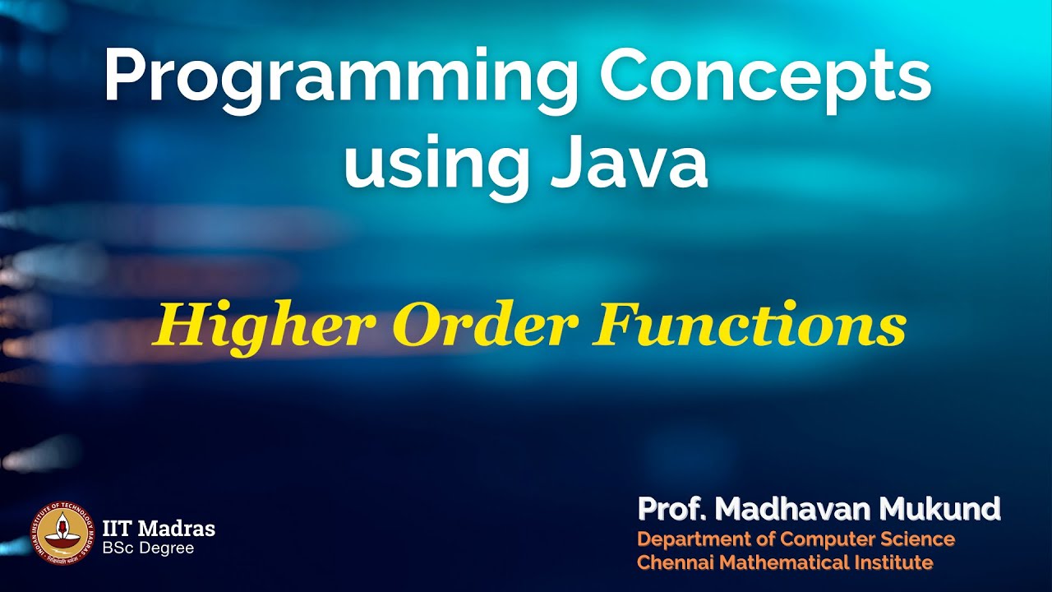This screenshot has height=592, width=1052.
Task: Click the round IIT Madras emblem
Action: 64,532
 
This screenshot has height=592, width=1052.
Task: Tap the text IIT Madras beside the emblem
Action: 159,527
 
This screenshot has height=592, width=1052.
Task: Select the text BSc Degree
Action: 149,547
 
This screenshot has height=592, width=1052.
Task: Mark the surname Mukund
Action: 940,510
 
